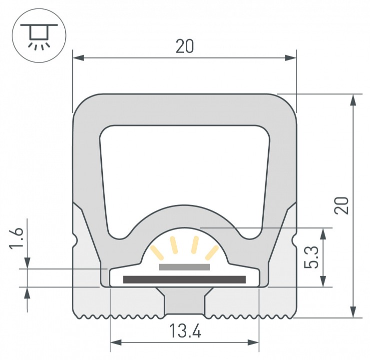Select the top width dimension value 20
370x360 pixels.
click(184, 46)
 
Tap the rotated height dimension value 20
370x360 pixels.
click(342, 205)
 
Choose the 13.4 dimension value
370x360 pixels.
click(185, 331)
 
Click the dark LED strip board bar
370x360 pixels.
click(184, 279)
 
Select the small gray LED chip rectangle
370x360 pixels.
click(184, 267)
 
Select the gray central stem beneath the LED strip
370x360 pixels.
click(184, 302)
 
